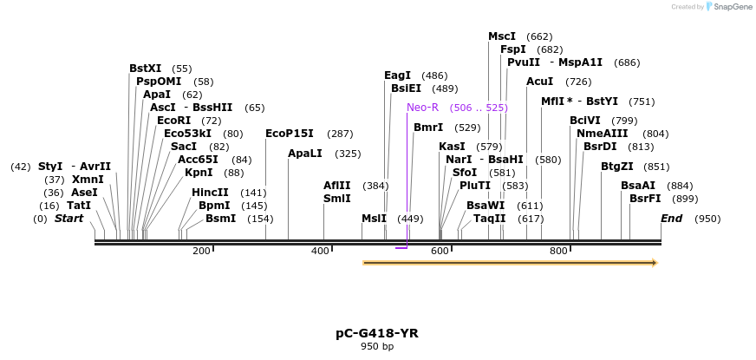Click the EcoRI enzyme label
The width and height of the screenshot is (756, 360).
(x=174, y=121)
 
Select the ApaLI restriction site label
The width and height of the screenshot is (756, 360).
(x=304, y=154)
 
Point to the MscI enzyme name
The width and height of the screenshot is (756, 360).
(x=502, y=36)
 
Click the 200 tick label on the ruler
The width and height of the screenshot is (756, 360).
(x=201, y=251)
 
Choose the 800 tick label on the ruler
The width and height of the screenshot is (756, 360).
(x=558, y=251)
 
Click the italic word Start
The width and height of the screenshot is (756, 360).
(x=69, y=219)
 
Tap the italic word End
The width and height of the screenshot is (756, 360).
(x=672, y=219)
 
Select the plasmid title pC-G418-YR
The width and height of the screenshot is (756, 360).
(x=377, y=333)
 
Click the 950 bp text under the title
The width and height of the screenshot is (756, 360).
(x=377, y=346)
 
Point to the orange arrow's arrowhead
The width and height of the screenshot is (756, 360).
(x=655, y=263)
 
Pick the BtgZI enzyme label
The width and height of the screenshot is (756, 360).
(x=617, y=167)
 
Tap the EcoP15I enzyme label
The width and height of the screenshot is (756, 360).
(x=290, y=134)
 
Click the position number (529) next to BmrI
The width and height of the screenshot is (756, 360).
(x=468, y=128)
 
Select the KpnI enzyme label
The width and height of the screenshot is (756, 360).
(x=199, y=173)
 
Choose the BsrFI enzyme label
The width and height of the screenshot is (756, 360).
(x=646, y=199)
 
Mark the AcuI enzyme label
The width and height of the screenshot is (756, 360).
(x=540, y=82)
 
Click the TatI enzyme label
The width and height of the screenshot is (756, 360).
(x=79, y=206)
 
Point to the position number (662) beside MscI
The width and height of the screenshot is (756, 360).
(x=539, y=36)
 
